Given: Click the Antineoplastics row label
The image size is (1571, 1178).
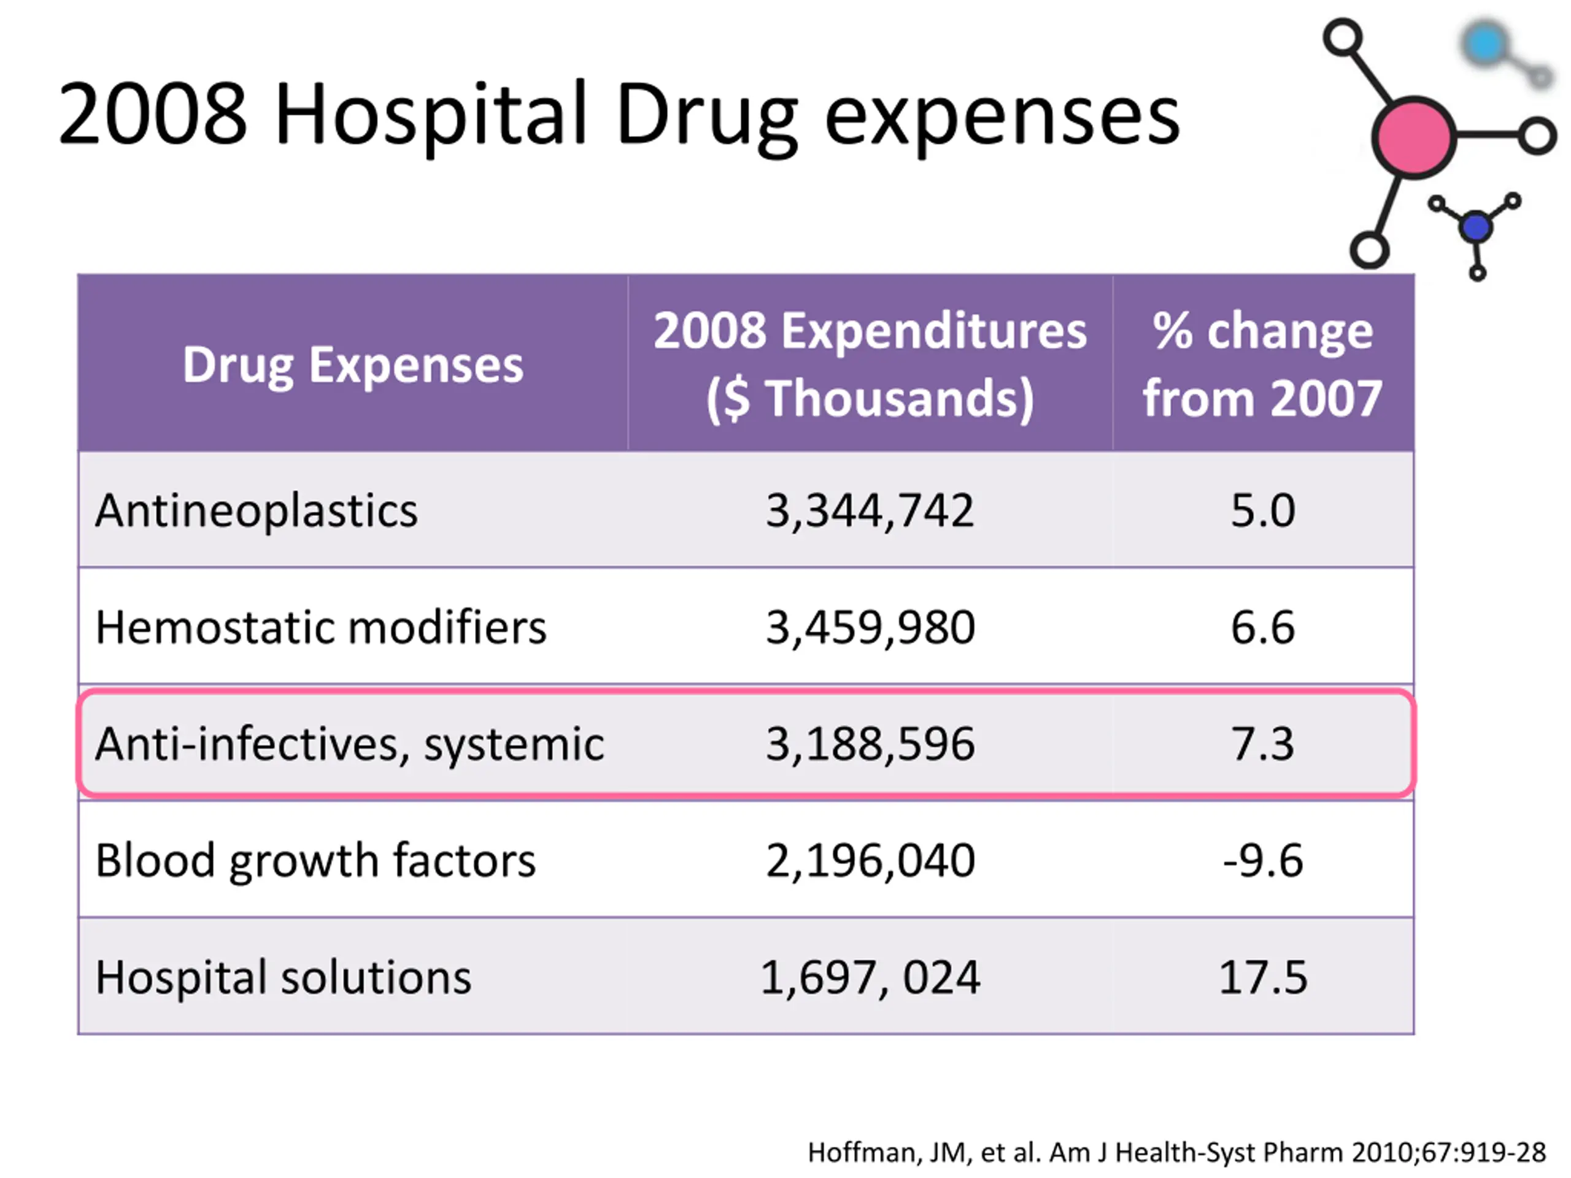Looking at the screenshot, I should coord(257,510).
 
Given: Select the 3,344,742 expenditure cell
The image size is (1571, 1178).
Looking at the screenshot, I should coord(870,510).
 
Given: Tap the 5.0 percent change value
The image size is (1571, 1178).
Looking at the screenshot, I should coord(1263,510).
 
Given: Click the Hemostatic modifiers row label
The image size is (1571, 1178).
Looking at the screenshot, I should coord(321,628).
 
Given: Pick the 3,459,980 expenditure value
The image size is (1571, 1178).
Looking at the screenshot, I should coord(870,628).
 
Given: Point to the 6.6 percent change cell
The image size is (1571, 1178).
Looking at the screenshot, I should coord(1263,628).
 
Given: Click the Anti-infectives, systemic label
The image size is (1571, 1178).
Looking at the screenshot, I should coord(349,744).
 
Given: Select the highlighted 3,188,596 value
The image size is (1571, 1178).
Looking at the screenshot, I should coord(870,744).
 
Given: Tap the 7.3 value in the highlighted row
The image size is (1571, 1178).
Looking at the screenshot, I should coord(1263,744).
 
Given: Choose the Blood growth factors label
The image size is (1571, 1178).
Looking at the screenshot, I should coord(315,861).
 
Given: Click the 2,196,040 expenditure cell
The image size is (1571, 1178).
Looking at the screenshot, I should coord(870,861).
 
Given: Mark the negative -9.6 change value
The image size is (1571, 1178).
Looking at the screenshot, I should coord(1263,861).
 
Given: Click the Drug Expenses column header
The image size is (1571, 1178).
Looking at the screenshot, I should coord(353,365).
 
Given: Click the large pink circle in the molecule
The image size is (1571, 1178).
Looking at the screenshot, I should coord(1413,137).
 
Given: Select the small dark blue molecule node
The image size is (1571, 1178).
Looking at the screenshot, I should coord(1476,227).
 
